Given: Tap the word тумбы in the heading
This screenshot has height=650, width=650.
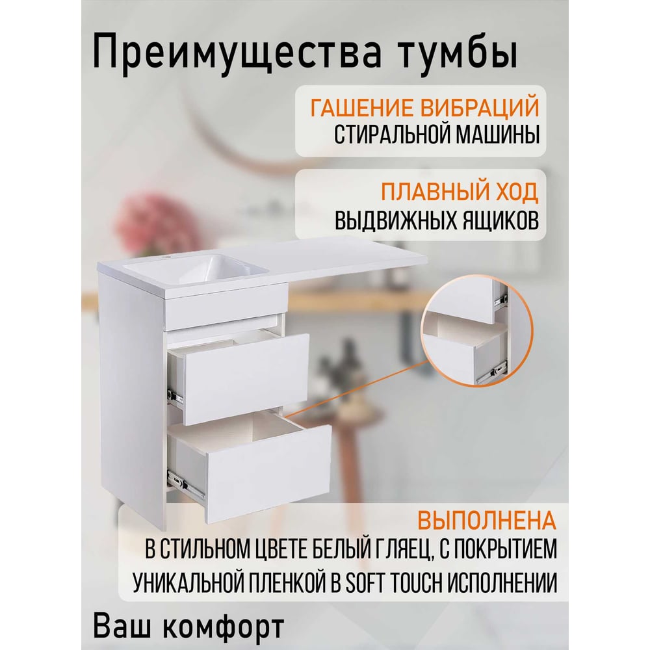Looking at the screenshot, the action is pos(458,51).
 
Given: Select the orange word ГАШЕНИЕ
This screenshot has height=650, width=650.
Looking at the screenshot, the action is pos(362,107).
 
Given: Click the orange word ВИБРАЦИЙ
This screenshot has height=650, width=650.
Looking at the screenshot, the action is pos(480,107).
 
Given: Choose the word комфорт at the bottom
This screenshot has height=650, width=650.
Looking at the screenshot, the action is pos(224,626).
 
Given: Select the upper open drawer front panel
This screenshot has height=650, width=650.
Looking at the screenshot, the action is pos(246,378).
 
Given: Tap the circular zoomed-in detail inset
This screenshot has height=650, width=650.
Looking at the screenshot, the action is pos(476,331).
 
